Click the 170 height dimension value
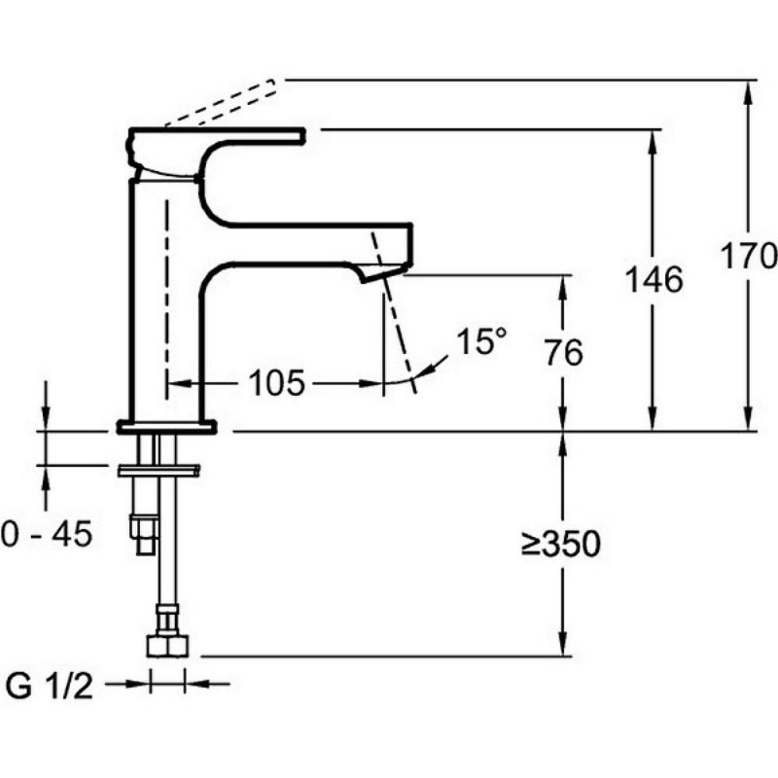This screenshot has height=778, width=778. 748,255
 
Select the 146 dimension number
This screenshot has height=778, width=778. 654,279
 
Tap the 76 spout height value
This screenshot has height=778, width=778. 563,352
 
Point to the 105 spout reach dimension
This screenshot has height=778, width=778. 276,383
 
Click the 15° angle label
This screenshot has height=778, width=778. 481,342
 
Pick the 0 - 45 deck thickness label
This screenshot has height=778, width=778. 46,534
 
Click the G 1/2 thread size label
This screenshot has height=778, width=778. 48,686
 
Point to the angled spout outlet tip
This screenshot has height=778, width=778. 384,273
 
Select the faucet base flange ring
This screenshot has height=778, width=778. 166,426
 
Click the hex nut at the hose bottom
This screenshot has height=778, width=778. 168,646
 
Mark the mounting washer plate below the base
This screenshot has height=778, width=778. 159,471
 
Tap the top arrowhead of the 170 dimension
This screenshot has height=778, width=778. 748,92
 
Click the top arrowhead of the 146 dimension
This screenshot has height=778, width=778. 653,142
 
